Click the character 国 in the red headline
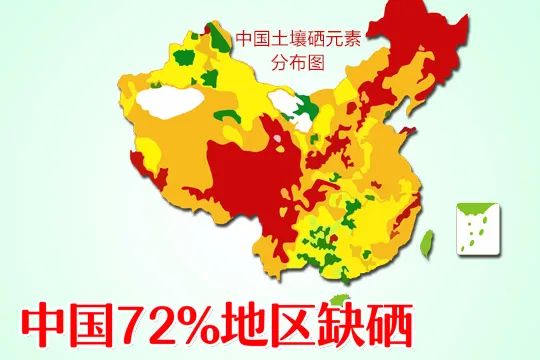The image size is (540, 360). click(102, 324)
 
